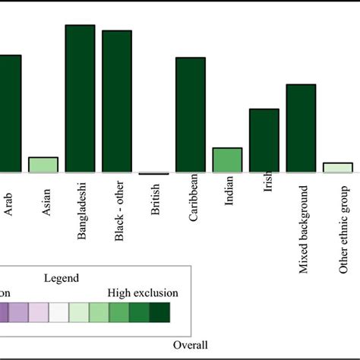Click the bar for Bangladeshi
click(x=80, y=99)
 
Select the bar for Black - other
click(x=117, y=102)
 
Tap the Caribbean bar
click(x=191, y=115)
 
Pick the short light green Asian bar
click(x=43, y=166)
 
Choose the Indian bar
click(x=227, y=160)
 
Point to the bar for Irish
click(x=264, y=141)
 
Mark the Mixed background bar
click(x=301, y=129)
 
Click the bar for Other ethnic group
click(x=338, y=168)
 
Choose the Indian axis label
click(x=229, y=197)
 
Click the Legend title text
click(x=83, y=279)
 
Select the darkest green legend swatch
click(x=159, y=313)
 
